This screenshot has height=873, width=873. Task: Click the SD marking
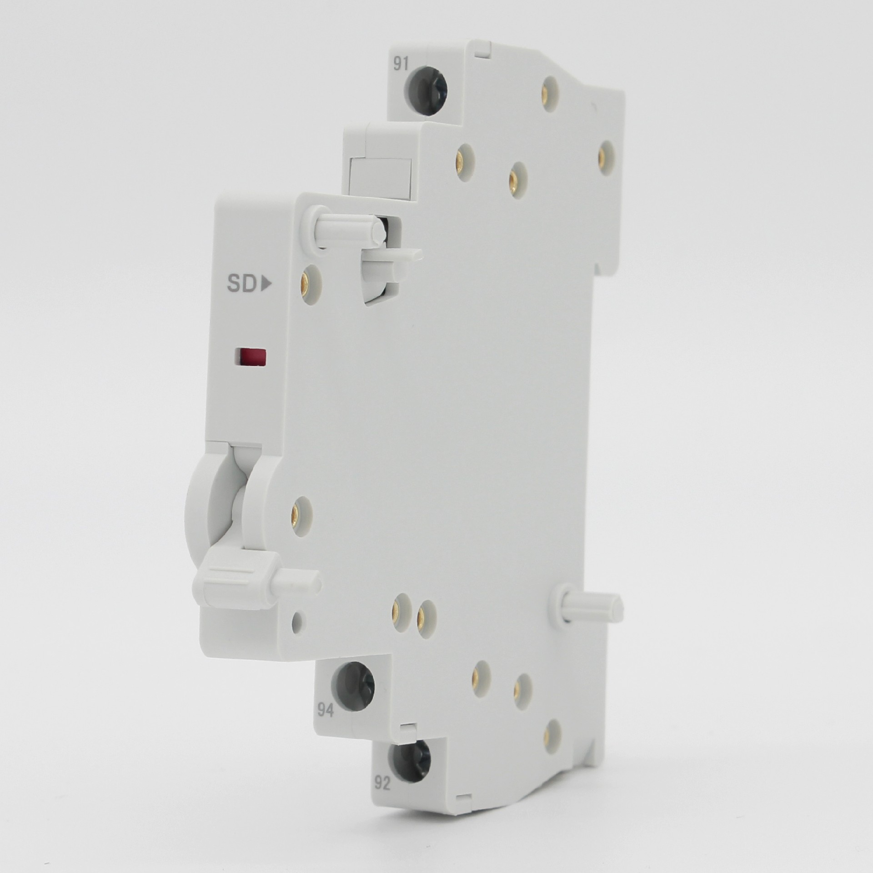pos(242,284)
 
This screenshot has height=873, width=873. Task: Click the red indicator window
pos(249,357)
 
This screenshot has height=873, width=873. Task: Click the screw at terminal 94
pos(353,682)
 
